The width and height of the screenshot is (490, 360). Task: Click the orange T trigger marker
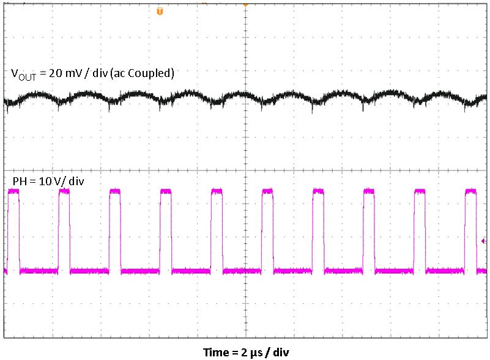click(x=160, y=11)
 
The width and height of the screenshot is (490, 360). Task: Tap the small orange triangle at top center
click(x=245, y=4)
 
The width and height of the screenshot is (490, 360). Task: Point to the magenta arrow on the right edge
click(x=484, y=241)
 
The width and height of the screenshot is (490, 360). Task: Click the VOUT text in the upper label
click(x=23, y=74)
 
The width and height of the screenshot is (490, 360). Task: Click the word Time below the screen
click(x=215, y=352)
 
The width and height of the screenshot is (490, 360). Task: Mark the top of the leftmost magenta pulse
click(x=13, y=191)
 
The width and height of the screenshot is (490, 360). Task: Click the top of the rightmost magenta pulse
click(x=470, y=191)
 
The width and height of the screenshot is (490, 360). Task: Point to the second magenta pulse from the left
click(x=64, y=191)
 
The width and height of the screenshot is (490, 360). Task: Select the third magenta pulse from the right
click(x=369, y=191)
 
